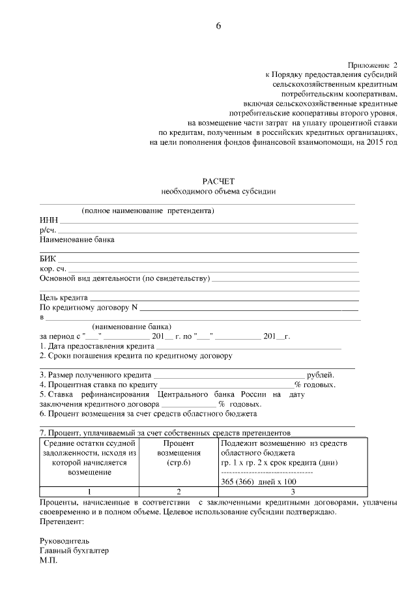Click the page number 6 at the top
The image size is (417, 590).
click(218, 25)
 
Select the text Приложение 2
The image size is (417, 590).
click(372, 66)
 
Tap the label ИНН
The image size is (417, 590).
click(48, 221)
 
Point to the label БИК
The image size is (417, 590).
click(48, 259)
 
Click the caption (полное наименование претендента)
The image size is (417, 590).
click(148, 211)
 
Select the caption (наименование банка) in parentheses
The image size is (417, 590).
click(132, 327)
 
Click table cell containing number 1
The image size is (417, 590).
click(89, 491)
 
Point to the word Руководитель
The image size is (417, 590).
click(65, 541)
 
